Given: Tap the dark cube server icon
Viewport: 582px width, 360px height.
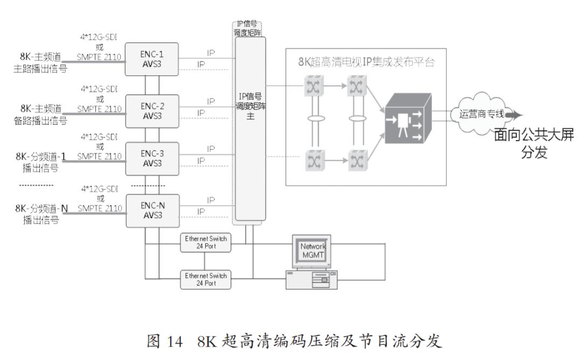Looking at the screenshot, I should point(407,119).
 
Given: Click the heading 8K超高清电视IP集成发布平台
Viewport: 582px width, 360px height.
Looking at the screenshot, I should point(366,61).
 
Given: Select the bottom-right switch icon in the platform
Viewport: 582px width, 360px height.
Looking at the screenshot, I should point(355,160).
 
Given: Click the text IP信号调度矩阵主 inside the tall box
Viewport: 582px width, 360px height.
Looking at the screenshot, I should point(251,108).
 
